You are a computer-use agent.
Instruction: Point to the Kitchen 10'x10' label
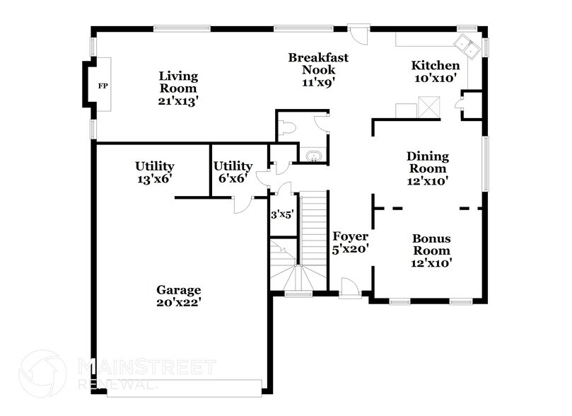tap(436, 72)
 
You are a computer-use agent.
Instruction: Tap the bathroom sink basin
tap(312, 156)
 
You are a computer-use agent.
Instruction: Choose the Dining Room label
tap(426, 168)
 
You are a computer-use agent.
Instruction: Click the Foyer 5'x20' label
tap(351, 243)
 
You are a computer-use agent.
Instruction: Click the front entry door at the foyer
tap(350, 290)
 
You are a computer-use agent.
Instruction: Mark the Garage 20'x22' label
tap(178, 296)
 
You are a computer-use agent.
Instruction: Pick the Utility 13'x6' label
tap(154, 173)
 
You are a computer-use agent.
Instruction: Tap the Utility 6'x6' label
tap(233, 173)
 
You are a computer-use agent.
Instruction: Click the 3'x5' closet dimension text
tap(281, 214)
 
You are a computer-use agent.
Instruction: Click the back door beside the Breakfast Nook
tap(358, 32)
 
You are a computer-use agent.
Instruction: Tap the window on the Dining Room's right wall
tap(485, 163)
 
